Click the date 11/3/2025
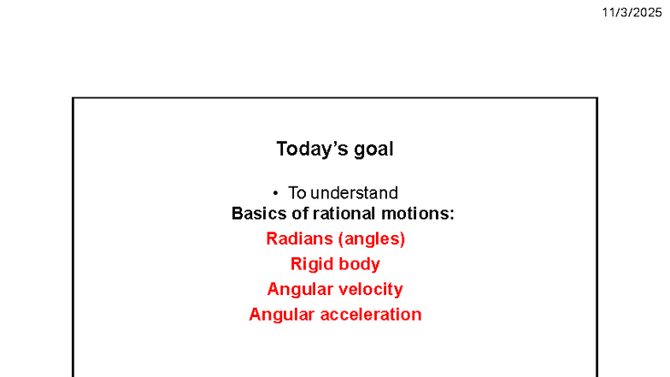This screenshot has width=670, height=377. point(632,12)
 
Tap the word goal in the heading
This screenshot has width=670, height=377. point(374,150)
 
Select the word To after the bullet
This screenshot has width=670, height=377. point(297,193)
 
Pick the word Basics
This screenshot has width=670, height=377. point(257,214)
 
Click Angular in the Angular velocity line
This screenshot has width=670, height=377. point(299,290)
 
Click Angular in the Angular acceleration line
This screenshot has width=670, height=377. point(281,315)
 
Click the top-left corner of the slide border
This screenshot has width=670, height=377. point(73,98)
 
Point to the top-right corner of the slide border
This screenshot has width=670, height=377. point(597,98)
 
